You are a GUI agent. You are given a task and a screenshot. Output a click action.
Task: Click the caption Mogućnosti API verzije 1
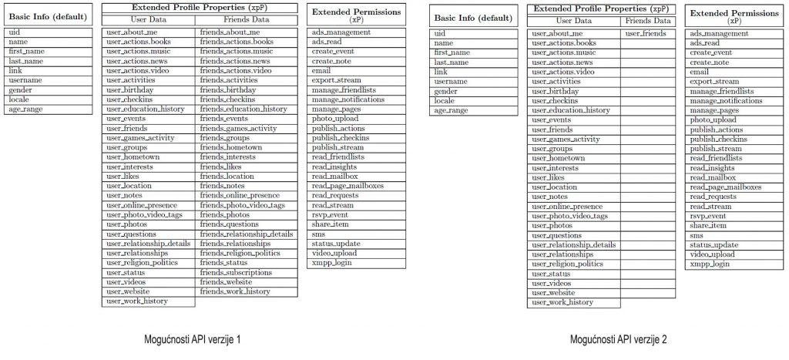[x=193, y=338]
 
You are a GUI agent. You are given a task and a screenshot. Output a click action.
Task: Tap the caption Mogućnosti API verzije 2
[x=619, y=338]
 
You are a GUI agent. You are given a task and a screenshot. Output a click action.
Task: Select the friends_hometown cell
[x=231, y=147]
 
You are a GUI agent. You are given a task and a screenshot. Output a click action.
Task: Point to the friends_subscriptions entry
[x=236, y=272]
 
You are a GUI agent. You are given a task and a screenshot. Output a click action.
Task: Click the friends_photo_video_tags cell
[x=243, y=205]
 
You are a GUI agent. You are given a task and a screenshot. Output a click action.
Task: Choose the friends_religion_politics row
[x=240, y=253]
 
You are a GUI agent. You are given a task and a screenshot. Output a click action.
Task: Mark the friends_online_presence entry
[x=240, y=195]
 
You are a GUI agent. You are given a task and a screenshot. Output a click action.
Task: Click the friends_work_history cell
[x=235, y=291]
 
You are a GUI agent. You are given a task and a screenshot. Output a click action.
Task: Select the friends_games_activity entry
[x=238, y=128]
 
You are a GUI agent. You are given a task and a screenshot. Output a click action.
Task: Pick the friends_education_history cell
[x=243, y=109]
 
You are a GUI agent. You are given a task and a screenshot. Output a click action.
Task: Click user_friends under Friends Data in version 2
[x=646, y=34]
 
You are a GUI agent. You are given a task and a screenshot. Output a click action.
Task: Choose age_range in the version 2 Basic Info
[x=452, y=110]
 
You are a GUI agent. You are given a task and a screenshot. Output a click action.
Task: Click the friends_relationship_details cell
[x=247, y=234]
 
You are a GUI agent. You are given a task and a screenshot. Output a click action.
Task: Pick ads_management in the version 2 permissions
[x=719, y=34]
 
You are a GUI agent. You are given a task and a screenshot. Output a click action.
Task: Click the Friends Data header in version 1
[x=247, y=20]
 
